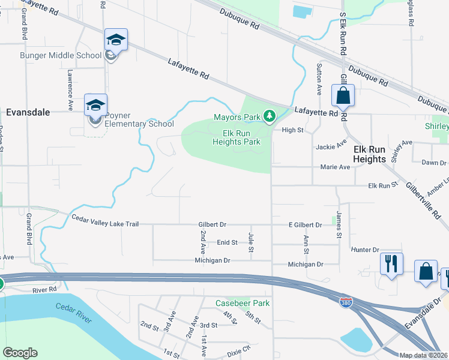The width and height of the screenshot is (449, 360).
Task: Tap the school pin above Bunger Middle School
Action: coord(116,41)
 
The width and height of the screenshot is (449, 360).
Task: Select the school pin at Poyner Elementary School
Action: coord(95,106)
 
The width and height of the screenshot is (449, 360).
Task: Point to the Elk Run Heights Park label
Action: coord(237,137)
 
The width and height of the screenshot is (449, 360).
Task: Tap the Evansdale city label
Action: coord(28,112)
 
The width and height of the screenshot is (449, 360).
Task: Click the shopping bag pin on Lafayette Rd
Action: coord(343,96)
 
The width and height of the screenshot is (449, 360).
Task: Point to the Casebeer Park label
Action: coord(243,304)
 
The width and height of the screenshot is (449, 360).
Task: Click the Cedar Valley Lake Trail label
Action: coord(105,224)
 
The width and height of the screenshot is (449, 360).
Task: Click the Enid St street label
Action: coord(228,242)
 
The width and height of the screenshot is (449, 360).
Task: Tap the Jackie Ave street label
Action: coord(331,146)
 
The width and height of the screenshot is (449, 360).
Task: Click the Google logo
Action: coord(20,353)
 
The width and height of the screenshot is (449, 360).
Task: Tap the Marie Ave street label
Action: coord(335,167)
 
